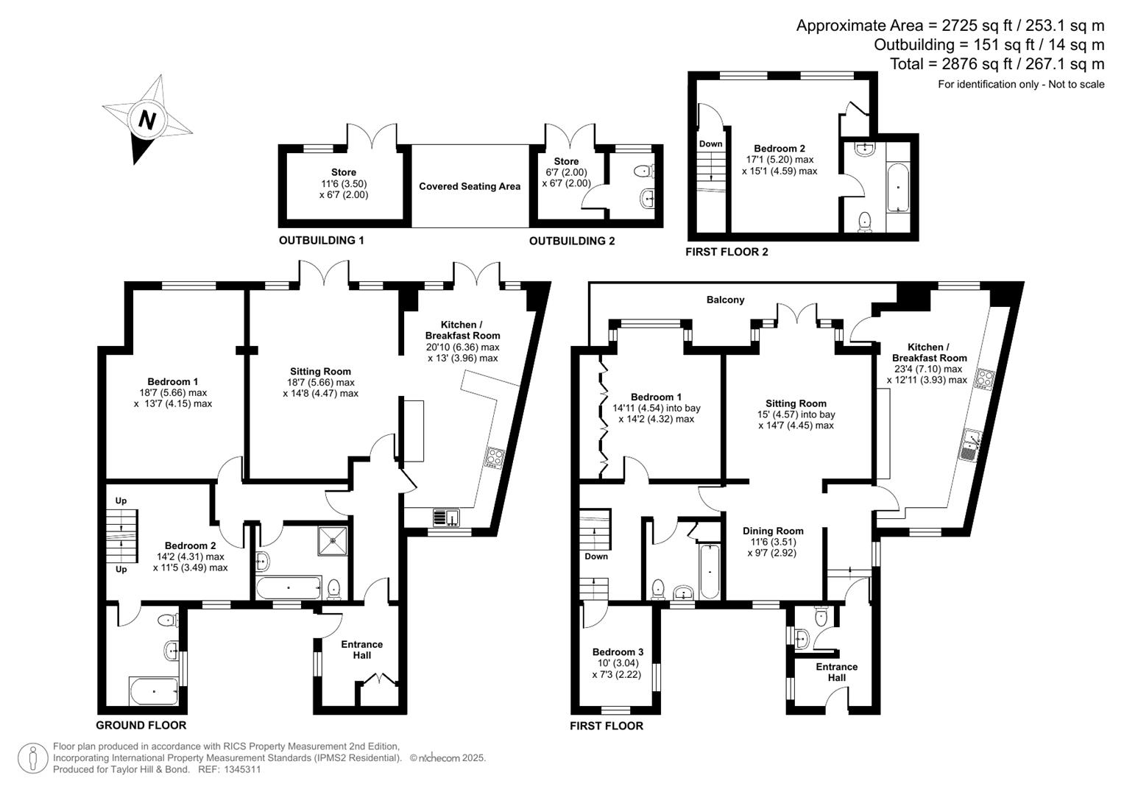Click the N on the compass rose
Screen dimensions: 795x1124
(x=147, y=119)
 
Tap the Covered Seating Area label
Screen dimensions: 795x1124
(x=470, y=186)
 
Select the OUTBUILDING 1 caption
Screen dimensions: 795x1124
(x=321, y=241)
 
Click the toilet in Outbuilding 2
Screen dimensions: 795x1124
(x=644, y=172)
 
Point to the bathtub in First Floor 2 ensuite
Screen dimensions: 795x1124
(x=898, y=188)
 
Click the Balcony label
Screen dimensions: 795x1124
(x=725, y=300)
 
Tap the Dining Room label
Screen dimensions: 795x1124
(x=772, y=531)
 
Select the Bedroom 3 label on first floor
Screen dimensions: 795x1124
(x=618, y=651)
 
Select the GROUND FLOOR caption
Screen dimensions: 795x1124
(x=141, y=725)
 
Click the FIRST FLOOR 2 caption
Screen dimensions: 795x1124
(x=727, y=252)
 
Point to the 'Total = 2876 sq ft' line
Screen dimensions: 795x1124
(x=997, y=64)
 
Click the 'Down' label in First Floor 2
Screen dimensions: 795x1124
(x=710, y=144)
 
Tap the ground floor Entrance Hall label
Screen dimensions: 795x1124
(x=361, y=649)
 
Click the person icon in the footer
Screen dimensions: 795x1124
(x=32, y=758)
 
